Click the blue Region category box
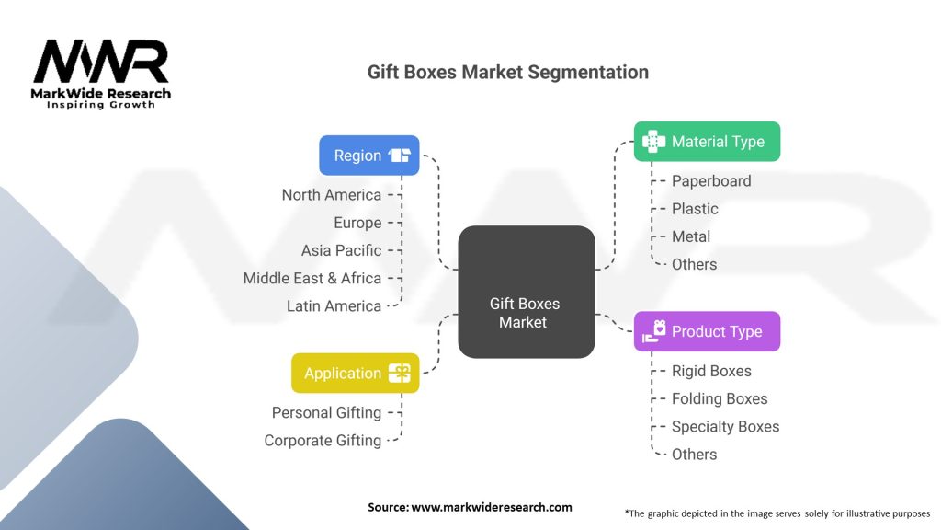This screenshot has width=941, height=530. [x=369, y=155]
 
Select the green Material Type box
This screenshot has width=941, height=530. [x=707, y=141]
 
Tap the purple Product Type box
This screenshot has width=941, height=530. [x=707, y=331]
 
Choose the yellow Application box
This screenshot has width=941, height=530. [x=356, y=374]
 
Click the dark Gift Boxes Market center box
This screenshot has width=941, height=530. [x=527, y=292]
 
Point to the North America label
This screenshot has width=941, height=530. [x=331, y=195]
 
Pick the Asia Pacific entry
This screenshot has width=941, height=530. [x=341, y=250]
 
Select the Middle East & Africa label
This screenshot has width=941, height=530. [x=312, y=278]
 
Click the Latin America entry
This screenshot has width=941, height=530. [x=334, y=305]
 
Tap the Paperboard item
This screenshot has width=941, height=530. [x=711, y=181]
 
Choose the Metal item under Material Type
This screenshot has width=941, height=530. [x=691, y=236]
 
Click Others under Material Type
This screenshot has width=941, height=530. [x=694, y=264]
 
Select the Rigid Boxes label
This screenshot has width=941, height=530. [x=711, y=371]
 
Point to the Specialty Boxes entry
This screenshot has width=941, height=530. [x=725, y=427]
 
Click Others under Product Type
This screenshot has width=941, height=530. [x=694, y=455]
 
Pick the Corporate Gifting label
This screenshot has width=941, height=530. [x=323, y=441]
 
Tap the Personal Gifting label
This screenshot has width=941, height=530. [x=326, y=413]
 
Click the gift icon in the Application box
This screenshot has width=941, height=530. [x=400, y=374]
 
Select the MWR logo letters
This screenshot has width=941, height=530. [x=101, y=61]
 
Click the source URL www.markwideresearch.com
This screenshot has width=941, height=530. [x=492, y=507]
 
